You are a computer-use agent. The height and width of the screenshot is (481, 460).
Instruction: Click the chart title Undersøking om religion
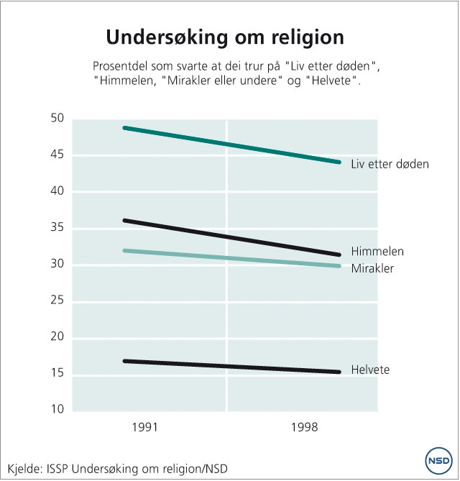[225, 37]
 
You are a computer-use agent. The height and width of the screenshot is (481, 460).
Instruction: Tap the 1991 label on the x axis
[146, 427]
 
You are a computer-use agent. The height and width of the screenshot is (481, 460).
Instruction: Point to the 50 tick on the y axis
[57, 119]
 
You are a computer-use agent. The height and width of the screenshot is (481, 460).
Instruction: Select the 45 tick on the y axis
[57, 155]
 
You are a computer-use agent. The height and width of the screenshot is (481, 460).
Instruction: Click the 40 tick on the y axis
[57, 192]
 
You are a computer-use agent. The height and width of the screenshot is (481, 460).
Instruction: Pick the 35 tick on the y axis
[57, 229]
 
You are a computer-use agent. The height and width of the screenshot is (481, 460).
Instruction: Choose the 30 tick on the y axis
[57, 265]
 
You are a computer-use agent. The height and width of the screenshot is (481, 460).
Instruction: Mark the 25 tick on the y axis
[57, 301]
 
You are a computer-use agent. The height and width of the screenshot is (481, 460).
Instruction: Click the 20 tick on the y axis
[57, 338]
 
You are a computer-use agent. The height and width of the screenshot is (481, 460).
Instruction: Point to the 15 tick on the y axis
[57, 375]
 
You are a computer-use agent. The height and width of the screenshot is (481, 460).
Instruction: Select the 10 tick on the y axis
[57, 411]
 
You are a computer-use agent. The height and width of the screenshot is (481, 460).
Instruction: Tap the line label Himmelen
[377, 252]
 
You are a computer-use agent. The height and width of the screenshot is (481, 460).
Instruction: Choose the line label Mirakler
[373, 268]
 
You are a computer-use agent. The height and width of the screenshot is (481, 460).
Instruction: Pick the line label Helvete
[370, 370]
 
